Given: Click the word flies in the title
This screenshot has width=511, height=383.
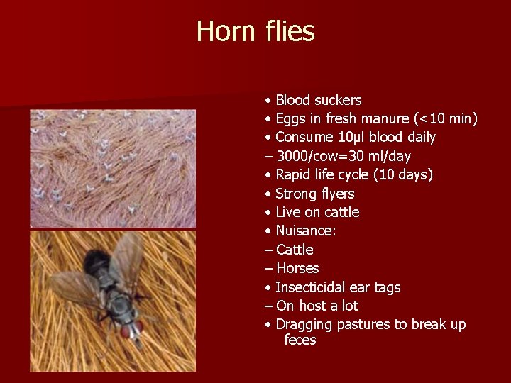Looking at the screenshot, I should (x=288, y=31).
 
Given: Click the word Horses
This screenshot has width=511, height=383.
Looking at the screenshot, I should (x=297, y=268).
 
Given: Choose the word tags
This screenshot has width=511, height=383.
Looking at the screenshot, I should (x=387, y=287).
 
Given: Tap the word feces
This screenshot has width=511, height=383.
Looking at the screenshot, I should (x=300, y=340).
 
